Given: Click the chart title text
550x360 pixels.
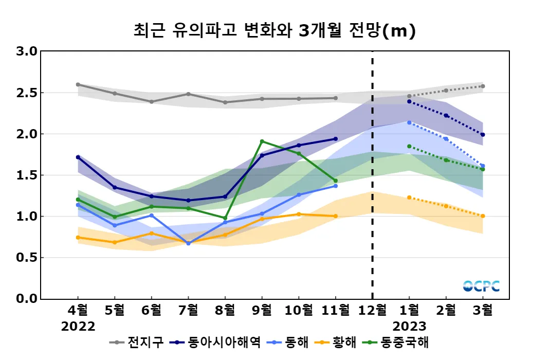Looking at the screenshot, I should click(x=274, y=31).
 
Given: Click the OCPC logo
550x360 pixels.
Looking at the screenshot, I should click(x=481, y=286).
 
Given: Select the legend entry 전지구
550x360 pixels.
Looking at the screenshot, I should click(x=139, y=342).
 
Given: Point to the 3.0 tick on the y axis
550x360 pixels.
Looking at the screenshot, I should click(x=27, y=51).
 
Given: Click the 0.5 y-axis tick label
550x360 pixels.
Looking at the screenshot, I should click(x=27, y=257).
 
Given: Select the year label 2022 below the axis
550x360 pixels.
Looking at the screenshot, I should click(x=78, y=327).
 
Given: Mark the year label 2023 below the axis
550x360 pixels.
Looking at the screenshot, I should click(x=409, y=327).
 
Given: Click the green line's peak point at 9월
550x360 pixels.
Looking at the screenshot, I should click(x=262, y=141).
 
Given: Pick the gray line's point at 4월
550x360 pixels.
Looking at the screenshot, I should click(x=78, y=84).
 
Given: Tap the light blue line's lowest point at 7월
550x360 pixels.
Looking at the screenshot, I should click(x=189, y=243).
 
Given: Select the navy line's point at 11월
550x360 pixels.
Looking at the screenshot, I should click(x=336, y=139).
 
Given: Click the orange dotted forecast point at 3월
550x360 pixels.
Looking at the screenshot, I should click(x=483, y=216).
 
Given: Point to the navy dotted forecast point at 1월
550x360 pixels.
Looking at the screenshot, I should click(x=409, y=101).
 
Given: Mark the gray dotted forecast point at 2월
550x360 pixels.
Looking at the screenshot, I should click(x=446, y=91).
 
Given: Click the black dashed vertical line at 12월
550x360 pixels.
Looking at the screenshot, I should click(x=372, y=175).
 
